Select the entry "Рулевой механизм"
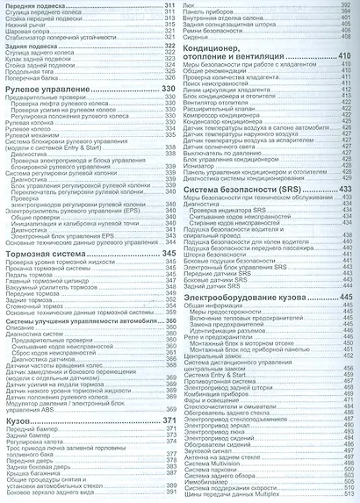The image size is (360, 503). (34, 137)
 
